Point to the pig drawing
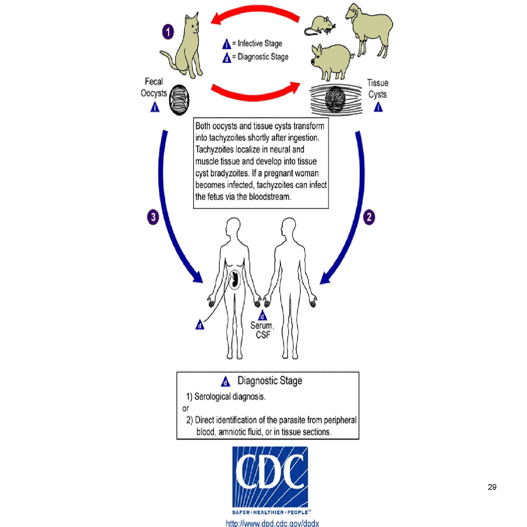331,60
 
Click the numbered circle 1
168,32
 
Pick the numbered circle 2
369,217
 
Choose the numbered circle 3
153,217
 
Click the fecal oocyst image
179,100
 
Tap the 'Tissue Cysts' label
378,89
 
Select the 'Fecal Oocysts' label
154,87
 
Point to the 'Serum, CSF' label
262,330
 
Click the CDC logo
270,476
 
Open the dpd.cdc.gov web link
272,523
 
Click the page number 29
492,487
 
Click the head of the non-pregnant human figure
289,227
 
